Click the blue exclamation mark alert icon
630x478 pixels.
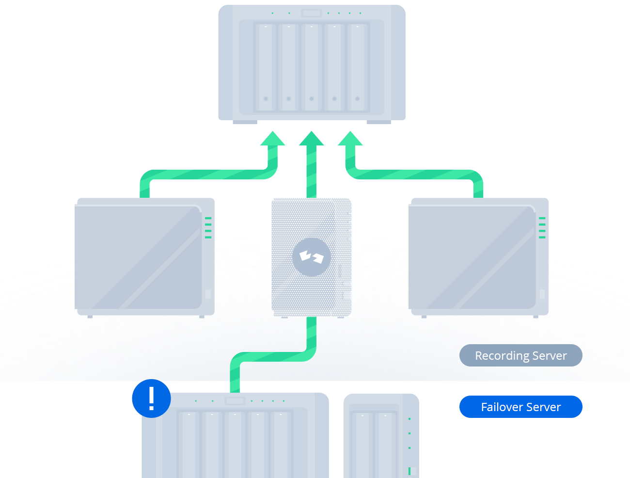151,398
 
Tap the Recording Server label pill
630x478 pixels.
520,355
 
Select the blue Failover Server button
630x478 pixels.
520,407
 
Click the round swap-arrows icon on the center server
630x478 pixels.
311,257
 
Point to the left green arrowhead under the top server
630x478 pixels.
272,139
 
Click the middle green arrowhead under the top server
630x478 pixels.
311,139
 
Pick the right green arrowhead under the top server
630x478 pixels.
350,139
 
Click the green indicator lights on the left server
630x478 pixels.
208,227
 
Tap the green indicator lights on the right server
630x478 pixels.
542,227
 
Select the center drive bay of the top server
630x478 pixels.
311,67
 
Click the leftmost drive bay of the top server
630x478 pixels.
266,67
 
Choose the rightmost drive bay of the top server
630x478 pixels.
357,67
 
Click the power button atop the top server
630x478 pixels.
311,13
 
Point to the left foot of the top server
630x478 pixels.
245,122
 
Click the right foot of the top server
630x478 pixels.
378,122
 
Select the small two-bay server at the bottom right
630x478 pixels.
381,436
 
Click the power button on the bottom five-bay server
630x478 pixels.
235,401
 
